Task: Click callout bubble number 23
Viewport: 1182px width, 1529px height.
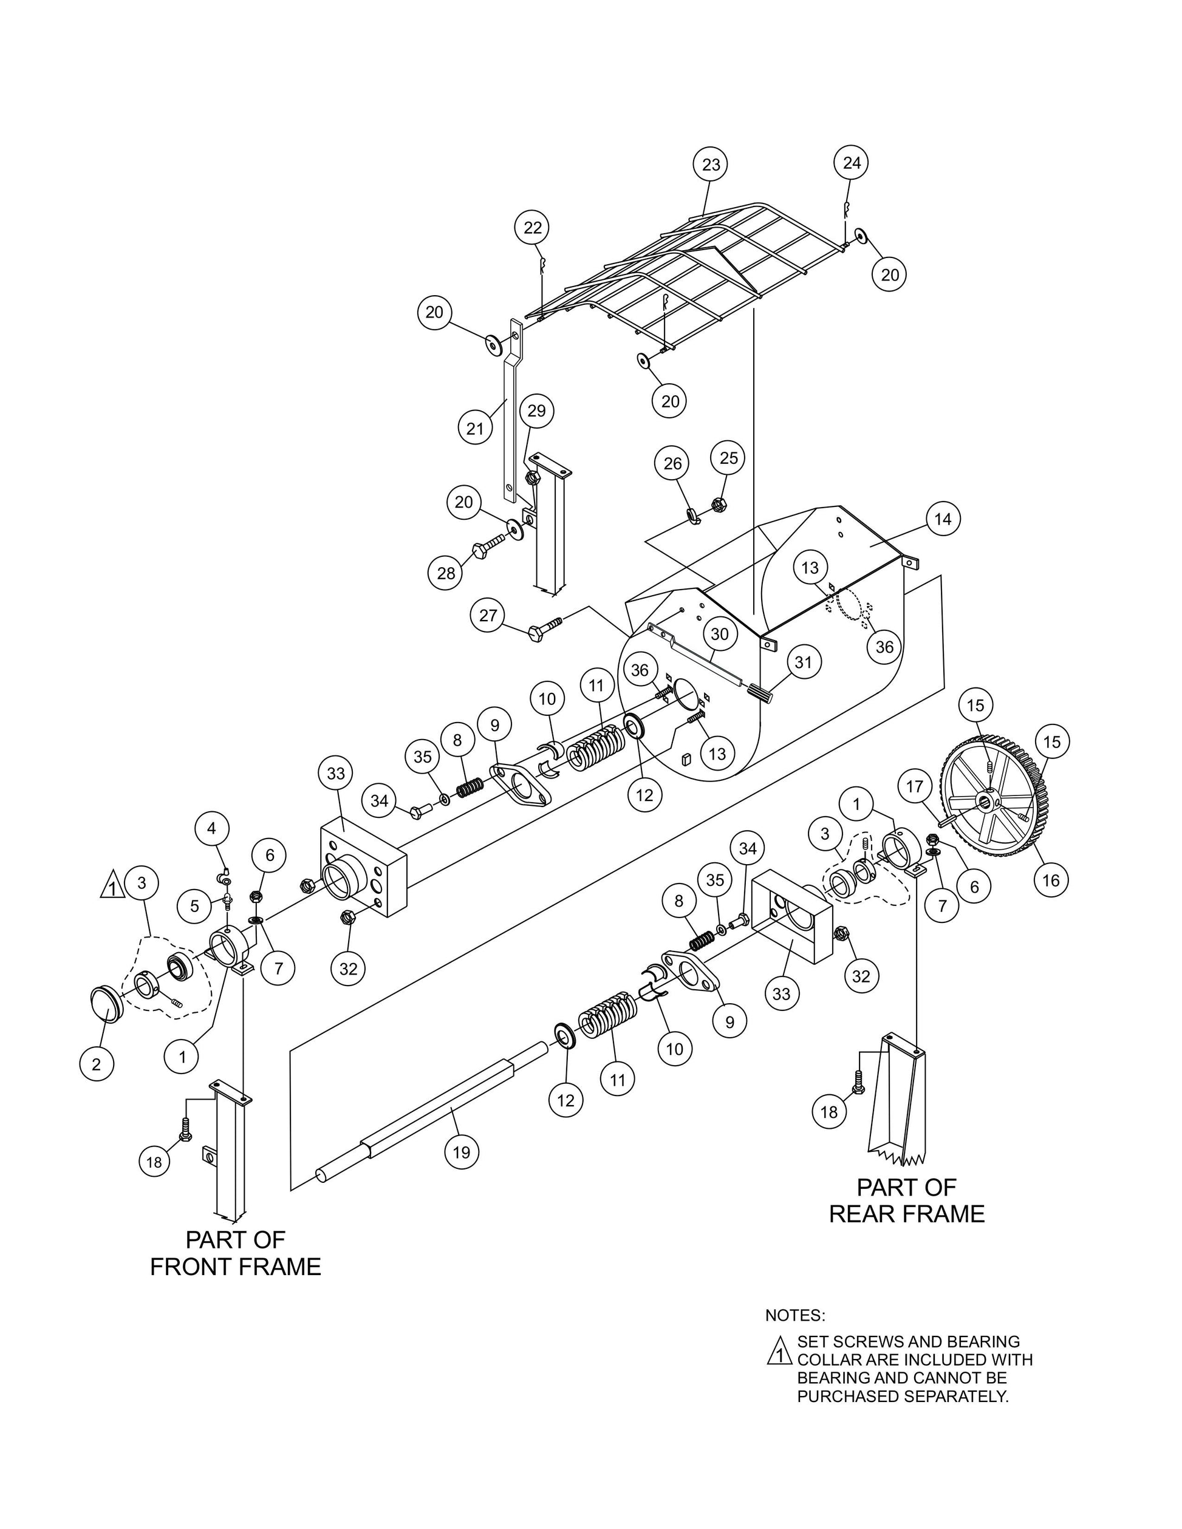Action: (710, 165)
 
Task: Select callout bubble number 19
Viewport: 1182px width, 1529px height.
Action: (462, 1152)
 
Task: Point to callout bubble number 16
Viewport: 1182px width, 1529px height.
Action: (1051, 880)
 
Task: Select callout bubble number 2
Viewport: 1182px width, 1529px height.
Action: (96, 1064)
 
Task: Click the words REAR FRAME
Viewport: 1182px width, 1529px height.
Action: (906, 1213)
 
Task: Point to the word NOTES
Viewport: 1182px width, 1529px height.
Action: (794, 1315)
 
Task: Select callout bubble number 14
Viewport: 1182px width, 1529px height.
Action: (943, 519)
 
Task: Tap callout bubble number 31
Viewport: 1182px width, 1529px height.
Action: (803, 662)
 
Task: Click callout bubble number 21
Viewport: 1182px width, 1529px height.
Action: (475, 427)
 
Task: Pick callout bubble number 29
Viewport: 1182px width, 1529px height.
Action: (536, 411)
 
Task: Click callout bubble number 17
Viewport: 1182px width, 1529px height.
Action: (915, 787)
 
